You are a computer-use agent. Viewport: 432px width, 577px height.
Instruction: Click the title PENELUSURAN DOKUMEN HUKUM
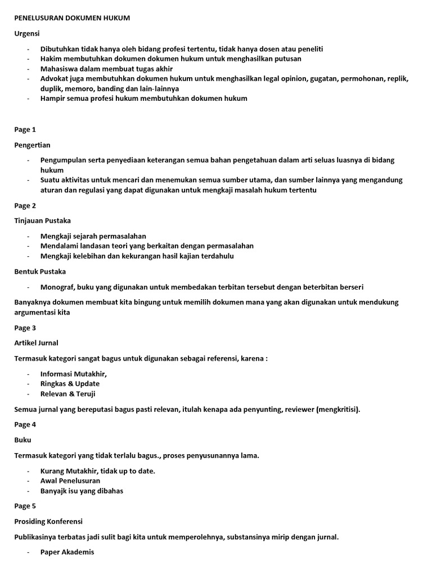click(72, 19)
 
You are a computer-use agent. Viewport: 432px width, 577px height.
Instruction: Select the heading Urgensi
click(27, 34)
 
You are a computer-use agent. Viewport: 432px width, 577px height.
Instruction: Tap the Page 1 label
click(25, 130)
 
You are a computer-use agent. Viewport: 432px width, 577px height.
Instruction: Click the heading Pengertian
click(32, 145)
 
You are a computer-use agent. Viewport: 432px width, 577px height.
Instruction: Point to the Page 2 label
click(25, 206)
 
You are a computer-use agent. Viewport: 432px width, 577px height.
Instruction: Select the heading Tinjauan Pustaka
click(42, 220)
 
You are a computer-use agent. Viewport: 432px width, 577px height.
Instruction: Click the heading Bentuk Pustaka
click(40, 272)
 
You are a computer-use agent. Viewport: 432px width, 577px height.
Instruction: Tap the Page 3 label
click(25, 327)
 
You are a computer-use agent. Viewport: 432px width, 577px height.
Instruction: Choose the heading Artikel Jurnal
click(36, 343)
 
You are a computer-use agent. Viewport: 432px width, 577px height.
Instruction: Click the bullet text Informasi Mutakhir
click(73, 374)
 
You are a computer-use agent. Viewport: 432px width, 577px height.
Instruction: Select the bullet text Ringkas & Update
click(70, 384)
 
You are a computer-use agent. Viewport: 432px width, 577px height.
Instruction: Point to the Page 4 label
click(25, 424)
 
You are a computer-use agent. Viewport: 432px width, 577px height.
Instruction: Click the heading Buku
click(22, 440)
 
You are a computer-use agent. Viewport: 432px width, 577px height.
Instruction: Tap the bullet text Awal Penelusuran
click(70, 481)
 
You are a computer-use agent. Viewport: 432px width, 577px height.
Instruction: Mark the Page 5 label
click(25, 506)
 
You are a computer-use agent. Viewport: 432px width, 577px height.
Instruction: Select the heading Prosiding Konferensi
click(48, 521)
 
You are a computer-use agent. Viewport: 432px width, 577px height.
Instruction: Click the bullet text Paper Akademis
click(67, 552)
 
